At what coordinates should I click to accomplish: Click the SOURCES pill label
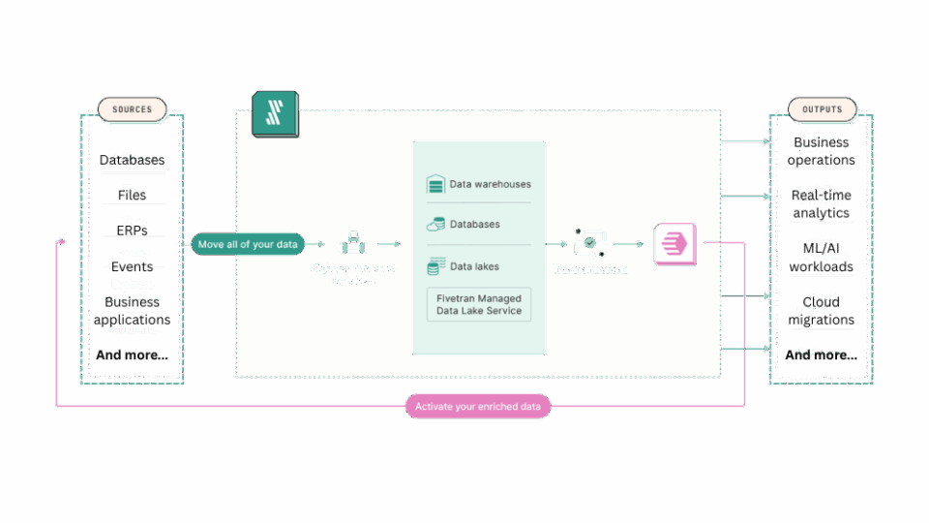click(132, 108)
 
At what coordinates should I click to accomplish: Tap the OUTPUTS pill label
click(822, 108)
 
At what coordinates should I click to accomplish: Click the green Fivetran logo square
click(275, 114)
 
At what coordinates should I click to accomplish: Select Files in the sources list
click(133, 196)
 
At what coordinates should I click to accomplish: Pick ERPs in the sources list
click(133, 231)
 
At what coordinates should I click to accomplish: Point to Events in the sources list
click(133, 266)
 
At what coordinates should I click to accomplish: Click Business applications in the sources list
click(133, 311)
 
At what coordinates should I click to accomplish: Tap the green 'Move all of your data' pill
click(248, 245)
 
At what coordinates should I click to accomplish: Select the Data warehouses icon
click(435, 184)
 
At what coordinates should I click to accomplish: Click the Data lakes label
click(475, 266)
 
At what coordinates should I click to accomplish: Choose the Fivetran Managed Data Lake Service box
click(479, 304)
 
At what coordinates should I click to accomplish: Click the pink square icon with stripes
click(674, 243)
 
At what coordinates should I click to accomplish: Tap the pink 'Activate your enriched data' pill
click(478, 407)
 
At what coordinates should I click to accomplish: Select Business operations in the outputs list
click(821, 150)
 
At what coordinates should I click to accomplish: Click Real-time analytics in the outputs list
click(821, 203)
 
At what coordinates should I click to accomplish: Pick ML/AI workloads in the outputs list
click(821, 258)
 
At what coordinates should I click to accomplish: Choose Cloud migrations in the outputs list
click(821, 311)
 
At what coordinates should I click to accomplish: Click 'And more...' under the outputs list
click(821, 355)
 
